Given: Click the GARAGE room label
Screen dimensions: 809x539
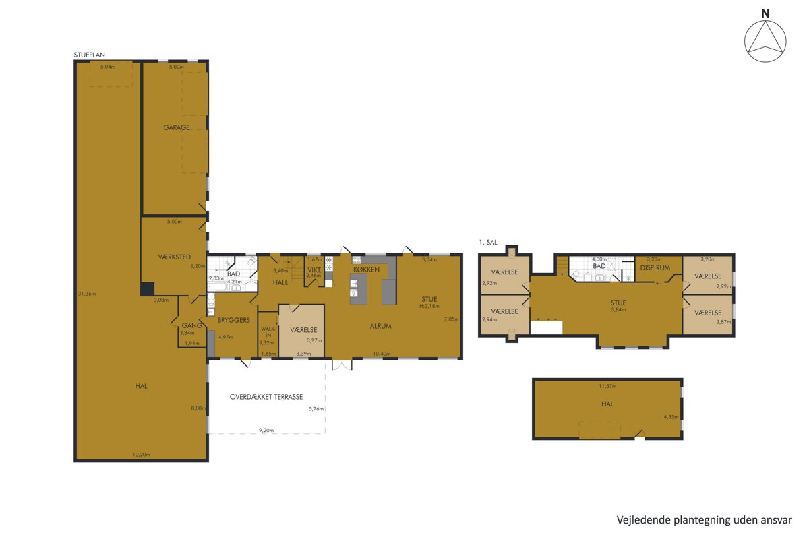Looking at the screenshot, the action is pyautogui.click(x=176, y=127).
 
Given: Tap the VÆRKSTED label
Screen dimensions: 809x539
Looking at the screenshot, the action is pyautogui.click(x=175, y=257).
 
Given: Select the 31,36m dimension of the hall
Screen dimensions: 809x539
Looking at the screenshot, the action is pyautogui.click(x=87, y=294).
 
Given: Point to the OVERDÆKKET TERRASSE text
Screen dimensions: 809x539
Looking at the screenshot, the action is pyautogui.click(x=266, y=397).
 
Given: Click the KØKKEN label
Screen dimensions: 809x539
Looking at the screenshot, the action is pyautogui.click(x=366, y=269).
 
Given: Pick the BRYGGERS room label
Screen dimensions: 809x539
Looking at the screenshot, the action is pyautogui.click(x=233, y=320).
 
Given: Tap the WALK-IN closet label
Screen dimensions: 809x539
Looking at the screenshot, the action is pyautogui.click(x=268, y=332).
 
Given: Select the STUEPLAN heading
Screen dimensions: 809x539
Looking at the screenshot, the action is pyautogui.click(x=89, y=55).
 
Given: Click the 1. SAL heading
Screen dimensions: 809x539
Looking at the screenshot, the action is pyautogui.click(x=488, y=243).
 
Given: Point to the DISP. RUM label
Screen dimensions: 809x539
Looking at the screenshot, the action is pyautogui.click(x=655, y=268).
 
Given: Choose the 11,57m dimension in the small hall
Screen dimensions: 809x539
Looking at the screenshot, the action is pyautogui.click(x=607, y=386).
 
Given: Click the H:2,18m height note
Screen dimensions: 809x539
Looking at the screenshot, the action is pyautogui.click(x=429, y=306).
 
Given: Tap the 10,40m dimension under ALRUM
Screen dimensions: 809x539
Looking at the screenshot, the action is pyautogui.click(x=382, y=354).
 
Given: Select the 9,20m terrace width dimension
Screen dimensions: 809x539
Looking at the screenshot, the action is pyautogui.click(x=266, y=431).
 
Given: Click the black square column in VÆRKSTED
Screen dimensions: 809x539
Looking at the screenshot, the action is pyautogui.click(x=148, y=289).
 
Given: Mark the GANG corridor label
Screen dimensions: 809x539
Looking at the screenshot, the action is pyautogui.click(x=191, y=325).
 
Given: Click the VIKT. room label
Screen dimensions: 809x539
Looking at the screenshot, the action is pyautogui.click(x=314, y=270).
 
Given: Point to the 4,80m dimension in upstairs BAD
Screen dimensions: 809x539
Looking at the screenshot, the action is pyautogui.click(x=599, y=259).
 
